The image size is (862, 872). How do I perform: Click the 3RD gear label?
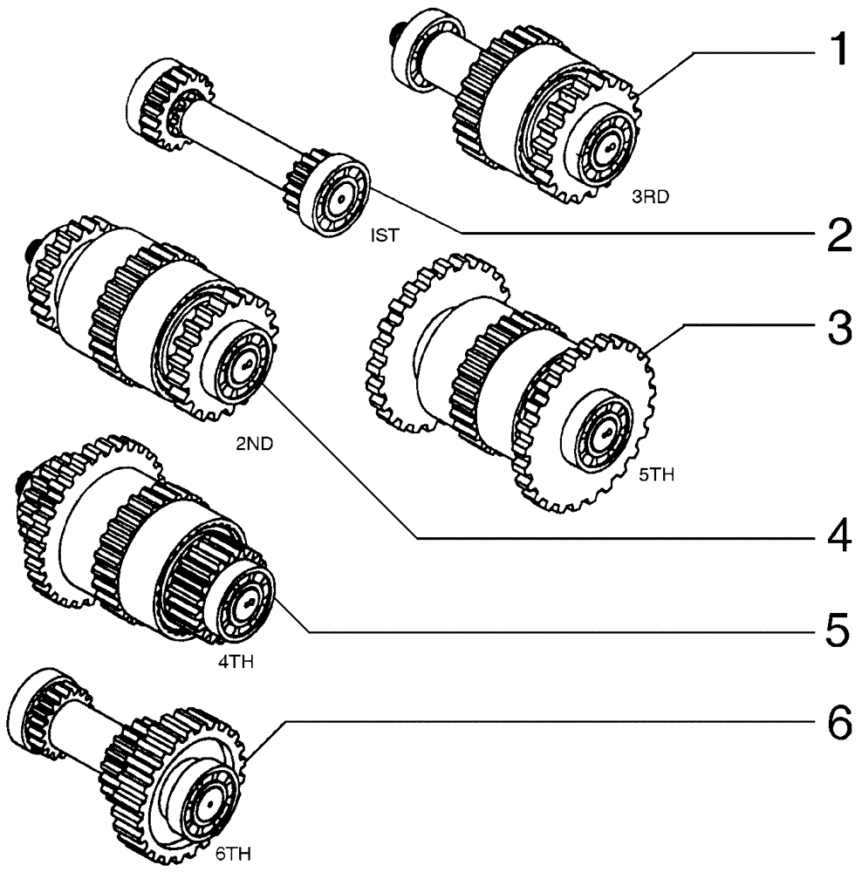(x=650, y=197)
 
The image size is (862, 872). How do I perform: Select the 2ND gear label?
(x=254, y=443)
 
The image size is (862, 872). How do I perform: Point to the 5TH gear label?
(x=659, y=476)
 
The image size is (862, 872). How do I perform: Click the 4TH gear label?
(x=236, y=663)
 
